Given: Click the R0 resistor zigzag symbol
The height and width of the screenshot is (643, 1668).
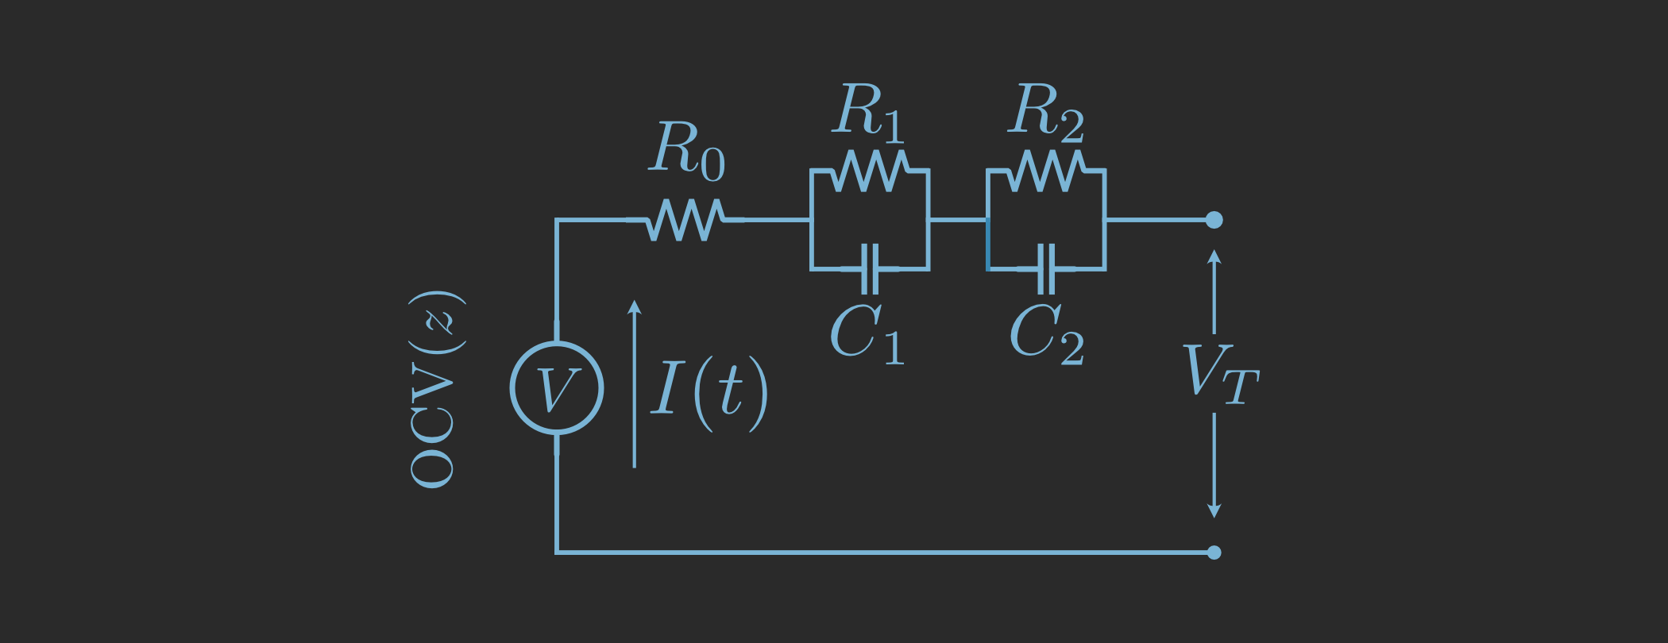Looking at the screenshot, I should [685, 220].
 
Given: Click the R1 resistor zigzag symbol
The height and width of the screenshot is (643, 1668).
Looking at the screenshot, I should [870, 171].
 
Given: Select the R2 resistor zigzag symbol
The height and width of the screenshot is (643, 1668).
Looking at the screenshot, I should [1046, 171].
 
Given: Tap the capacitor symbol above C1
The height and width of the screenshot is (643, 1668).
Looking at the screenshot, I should [870, 269].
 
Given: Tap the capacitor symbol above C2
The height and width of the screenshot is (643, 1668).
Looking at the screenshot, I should [1046, 269].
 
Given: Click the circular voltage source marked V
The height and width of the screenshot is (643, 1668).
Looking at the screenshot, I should [557, 388].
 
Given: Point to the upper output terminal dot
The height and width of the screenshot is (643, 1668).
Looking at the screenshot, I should [1214, 220].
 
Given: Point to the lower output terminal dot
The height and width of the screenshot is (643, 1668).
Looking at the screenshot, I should [1214, 553].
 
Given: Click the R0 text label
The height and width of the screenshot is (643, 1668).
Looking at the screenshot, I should [687, 151].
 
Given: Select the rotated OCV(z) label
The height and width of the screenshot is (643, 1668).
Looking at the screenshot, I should [435, 389].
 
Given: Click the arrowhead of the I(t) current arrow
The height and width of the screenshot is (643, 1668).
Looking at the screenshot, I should [634, 306].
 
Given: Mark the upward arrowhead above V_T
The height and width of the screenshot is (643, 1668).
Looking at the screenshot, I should [1214, 256].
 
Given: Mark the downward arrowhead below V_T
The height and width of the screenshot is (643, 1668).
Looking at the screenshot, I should [1214, 510].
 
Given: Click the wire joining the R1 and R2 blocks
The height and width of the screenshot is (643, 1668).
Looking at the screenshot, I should [958, 220].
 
